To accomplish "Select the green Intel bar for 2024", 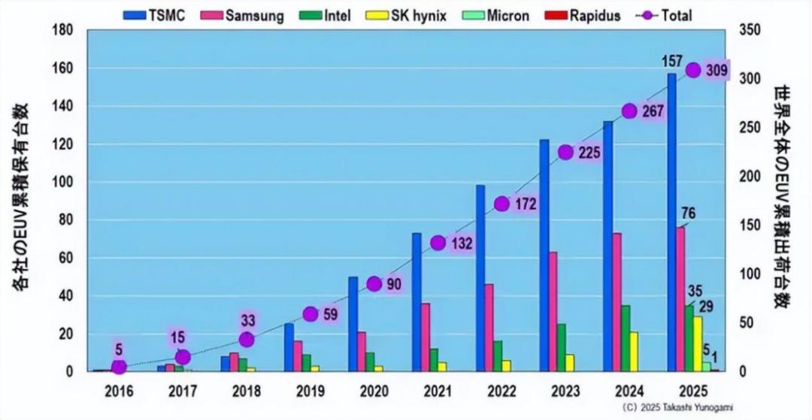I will tap(625, 338).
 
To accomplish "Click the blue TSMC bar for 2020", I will tap(353, 324).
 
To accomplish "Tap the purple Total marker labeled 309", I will tap(693, 70).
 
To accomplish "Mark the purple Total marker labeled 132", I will tap(438, 243).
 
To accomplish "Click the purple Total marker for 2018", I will tap(247, 340).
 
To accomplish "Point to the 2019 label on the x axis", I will tap(310, 391).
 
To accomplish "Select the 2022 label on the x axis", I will tap(501, 391).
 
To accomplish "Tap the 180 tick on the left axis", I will tap(63, 30).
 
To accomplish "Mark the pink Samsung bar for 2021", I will tap(425, 337).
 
